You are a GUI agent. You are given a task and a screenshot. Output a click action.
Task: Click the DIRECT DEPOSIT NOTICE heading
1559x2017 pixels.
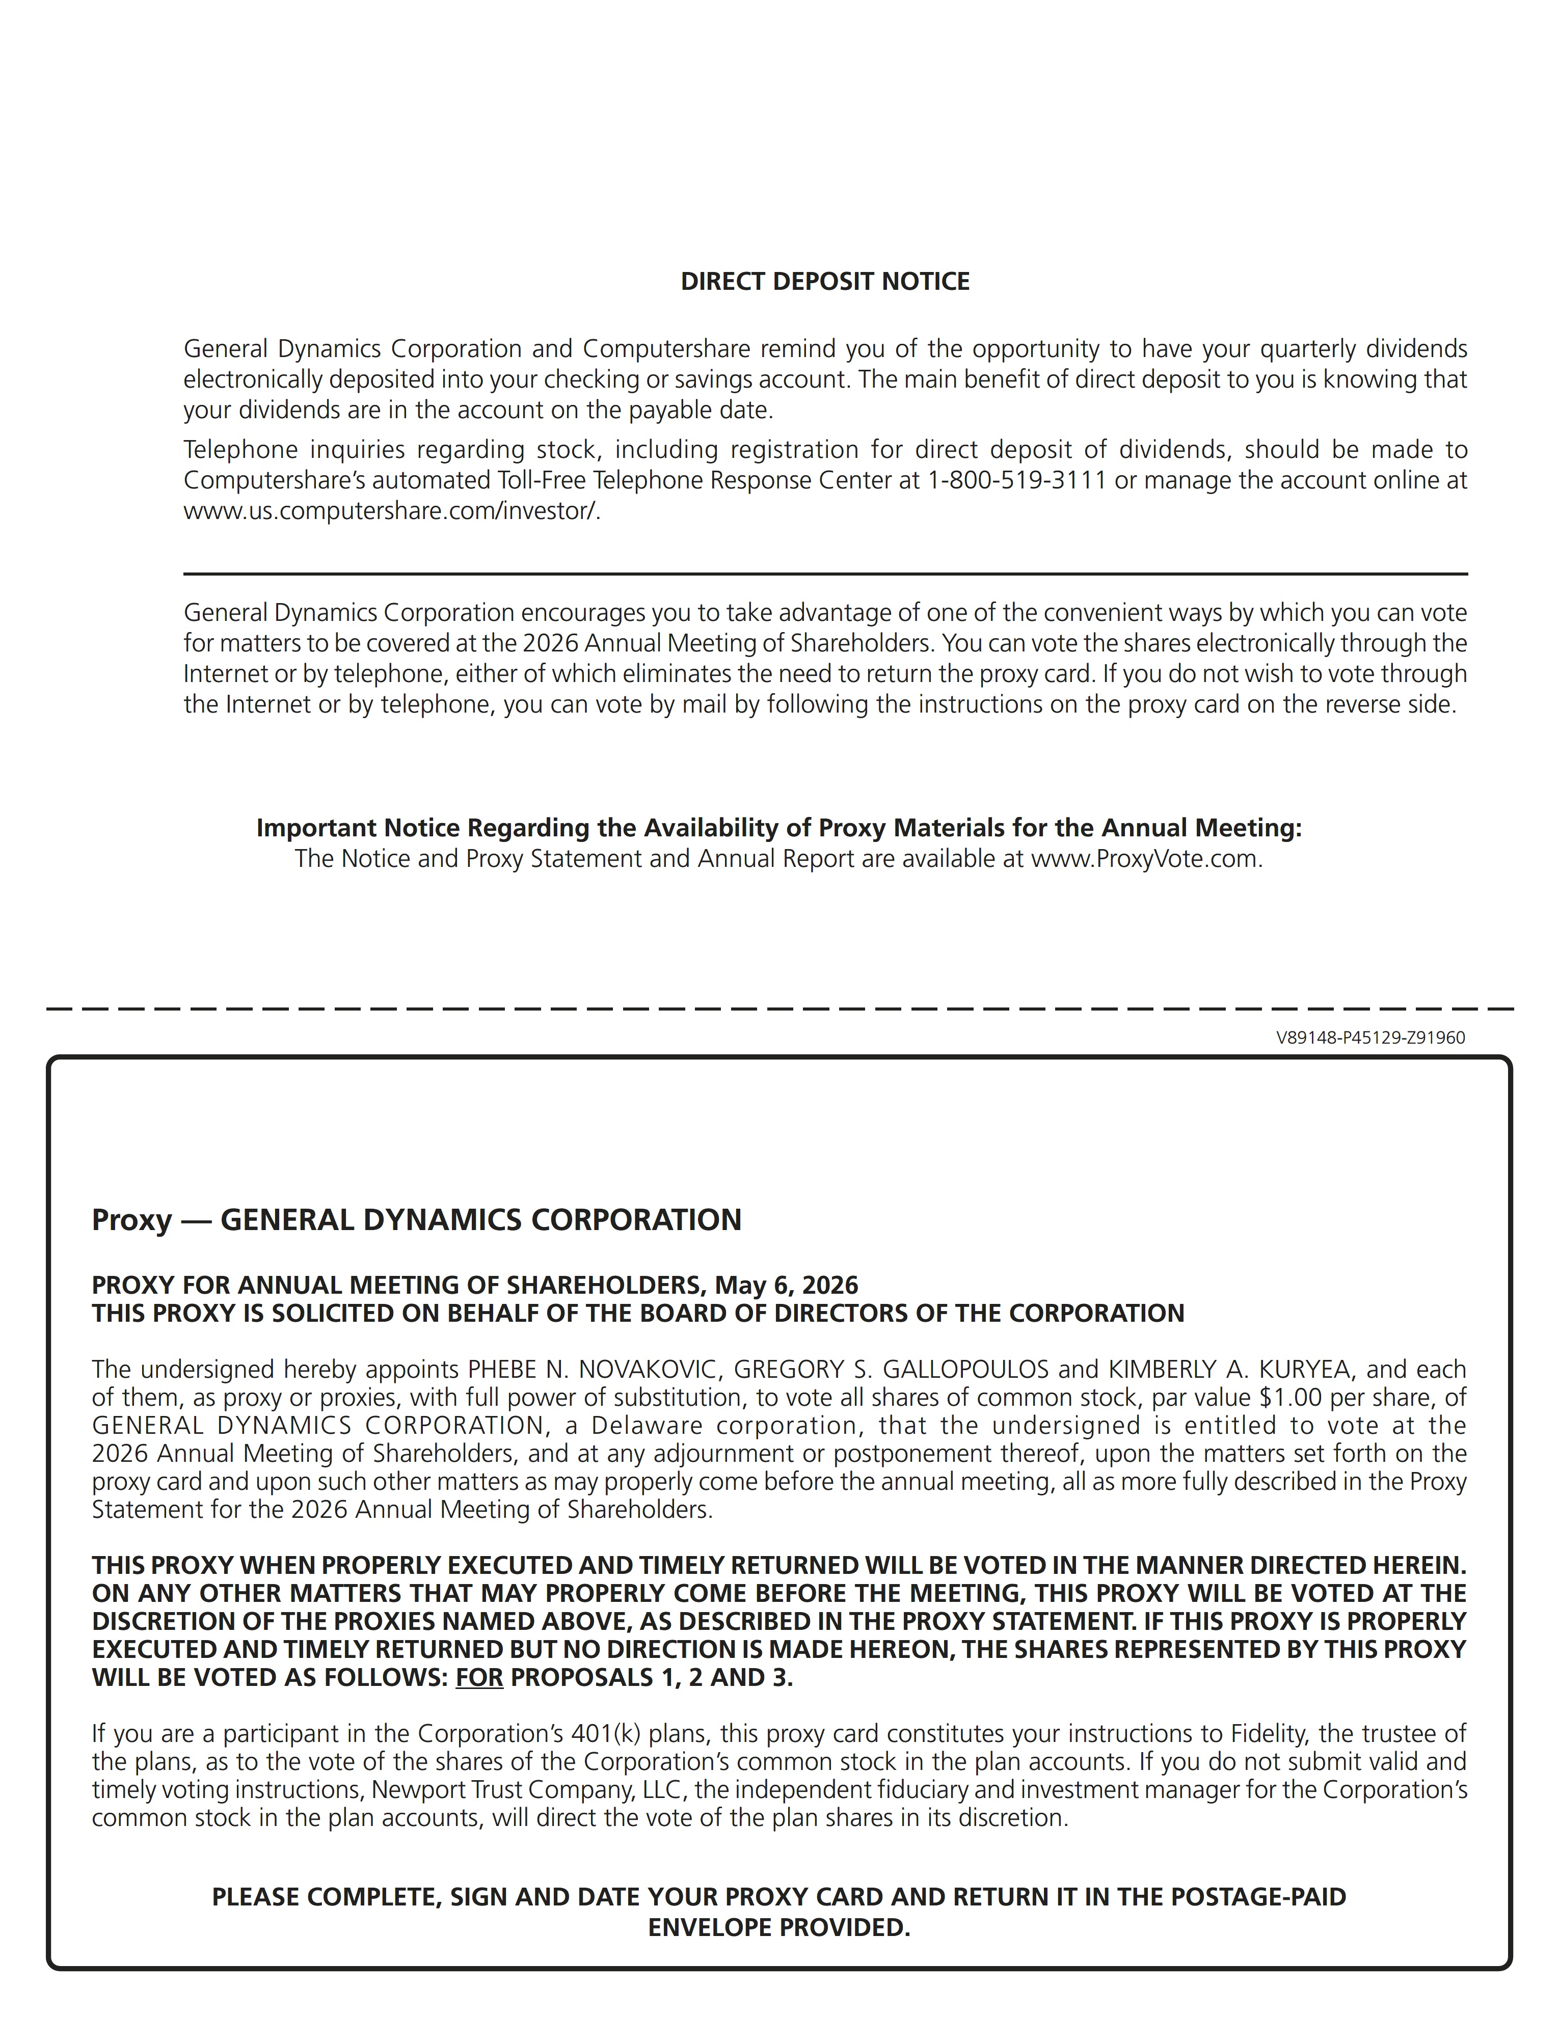pyautogui.click(x=825, y=282)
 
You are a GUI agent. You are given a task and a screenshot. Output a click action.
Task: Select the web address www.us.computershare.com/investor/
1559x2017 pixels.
pyautogui.click(x=392, y=511)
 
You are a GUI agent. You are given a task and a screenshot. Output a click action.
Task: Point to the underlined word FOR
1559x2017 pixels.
pyautogui.click(x=479, y=1677)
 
